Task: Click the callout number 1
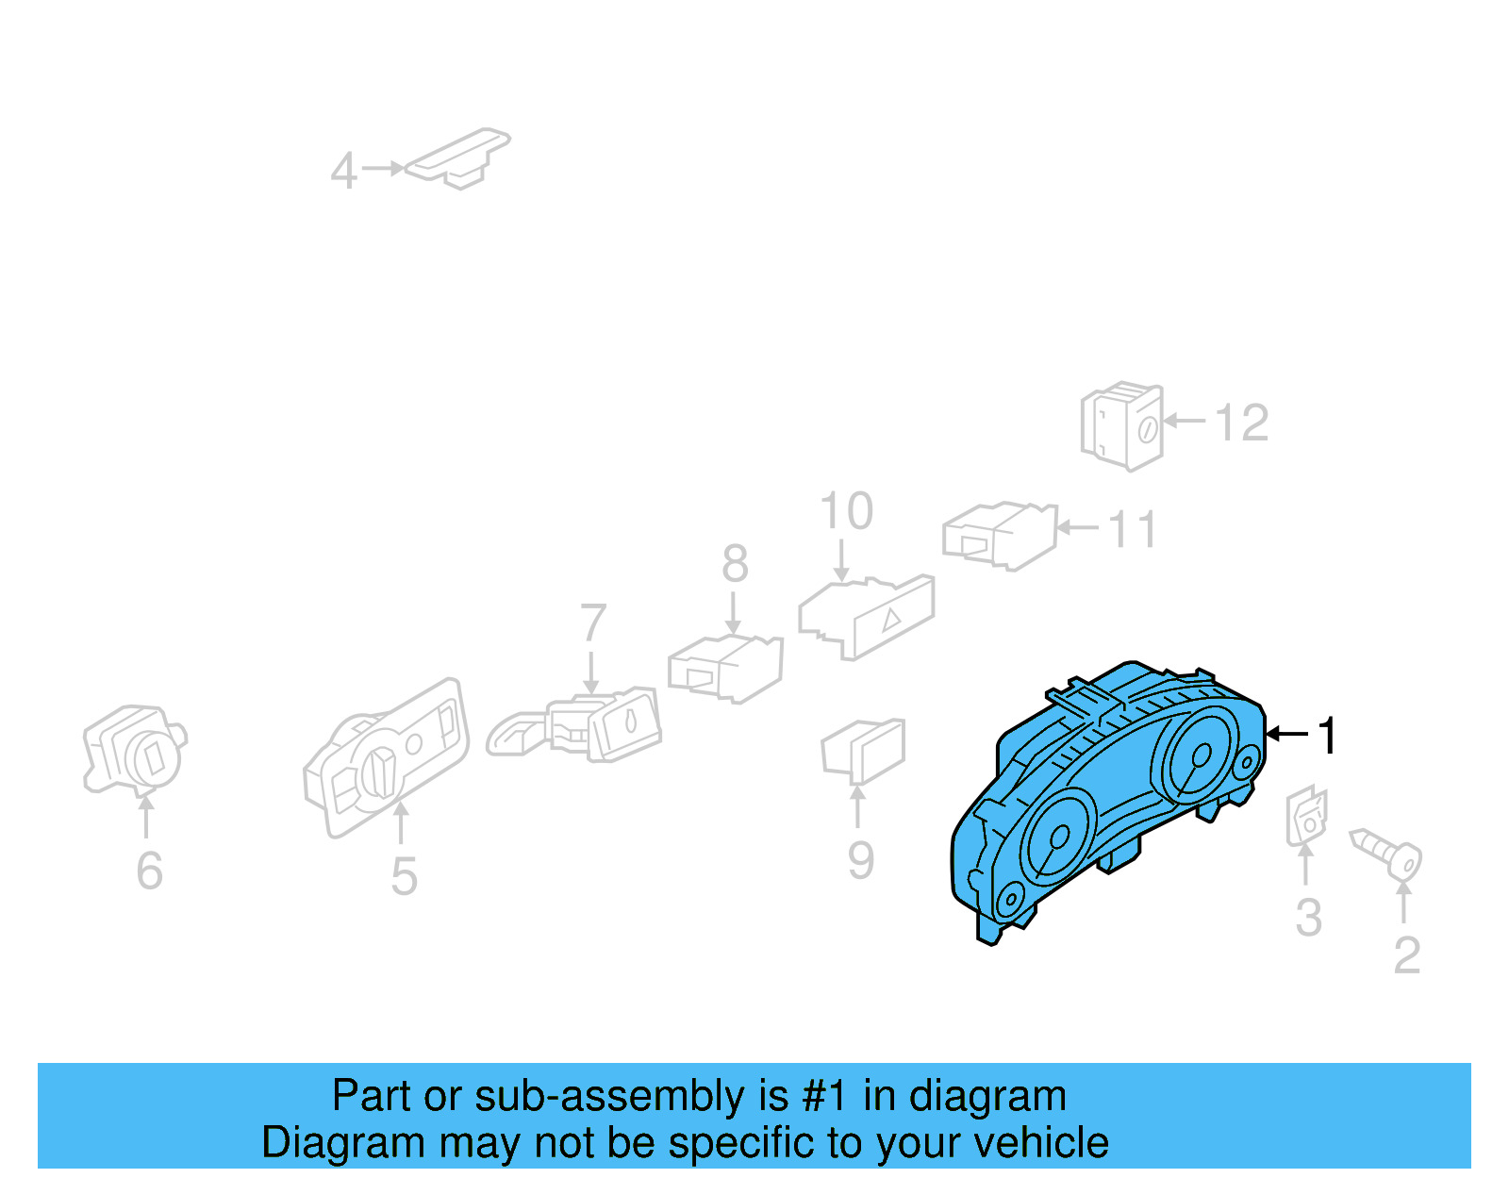click(x=1328, y=736)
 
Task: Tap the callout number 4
click(x=343, y=172)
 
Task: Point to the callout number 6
click(x=149, y=871)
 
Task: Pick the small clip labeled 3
click(x=1307, y=817)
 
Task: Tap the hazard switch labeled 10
click(x=868, y=617)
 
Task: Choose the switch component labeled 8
click(x=726, y=668)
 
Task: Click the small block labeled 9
click(x=863, y=751)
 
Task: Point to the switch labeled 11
click(x=1000, y=535)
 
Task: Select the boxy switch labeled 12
click(x=1122, y=426)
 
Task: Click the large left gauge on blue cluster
click(x=1056, y=837)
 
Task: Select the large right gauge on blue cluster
click(x=1200, y=755)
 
